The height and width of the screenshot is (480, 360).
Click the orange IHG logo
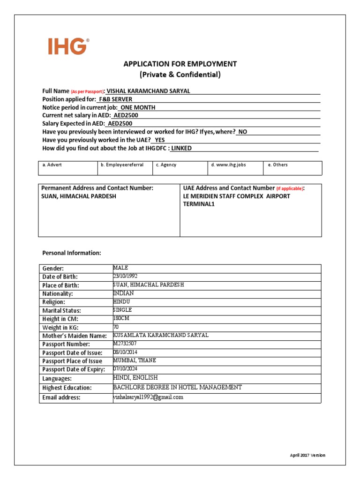[x=68, y=46]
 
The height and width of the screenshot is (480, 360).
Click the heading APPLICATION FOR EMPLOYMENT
[x=180, y=64]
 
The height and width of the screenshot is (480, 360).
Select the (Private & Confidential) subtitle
[x=180, y=75]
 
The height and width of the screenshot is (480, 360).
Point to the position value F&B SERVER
[x=115, y=99]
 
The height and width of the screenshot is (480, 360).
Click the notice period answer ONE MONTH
[x=138, y=107]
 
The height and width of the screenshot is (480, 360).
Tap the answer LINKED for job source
[x=181, y=148]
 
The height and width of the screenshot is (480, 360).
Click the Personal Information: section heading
[x=72, y=253]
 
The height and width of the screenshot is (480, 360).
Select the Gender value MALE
[x=120, y=268]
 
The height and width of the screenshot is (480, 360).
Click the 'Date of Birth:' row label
[x=60, y=277]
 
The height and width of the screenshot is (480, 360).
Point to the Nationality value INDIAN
[x=123, y=293]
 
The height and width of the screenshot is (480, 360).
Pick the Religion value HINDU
[x=121, y=301]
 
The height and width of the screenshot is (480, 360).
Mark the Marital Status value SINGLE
[x=122, y=310]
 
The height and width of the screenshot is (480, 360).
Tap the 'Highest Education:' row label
[x=67, y=388]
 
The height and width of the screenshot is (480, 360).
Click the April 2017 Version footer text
[x=307, y=455]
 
